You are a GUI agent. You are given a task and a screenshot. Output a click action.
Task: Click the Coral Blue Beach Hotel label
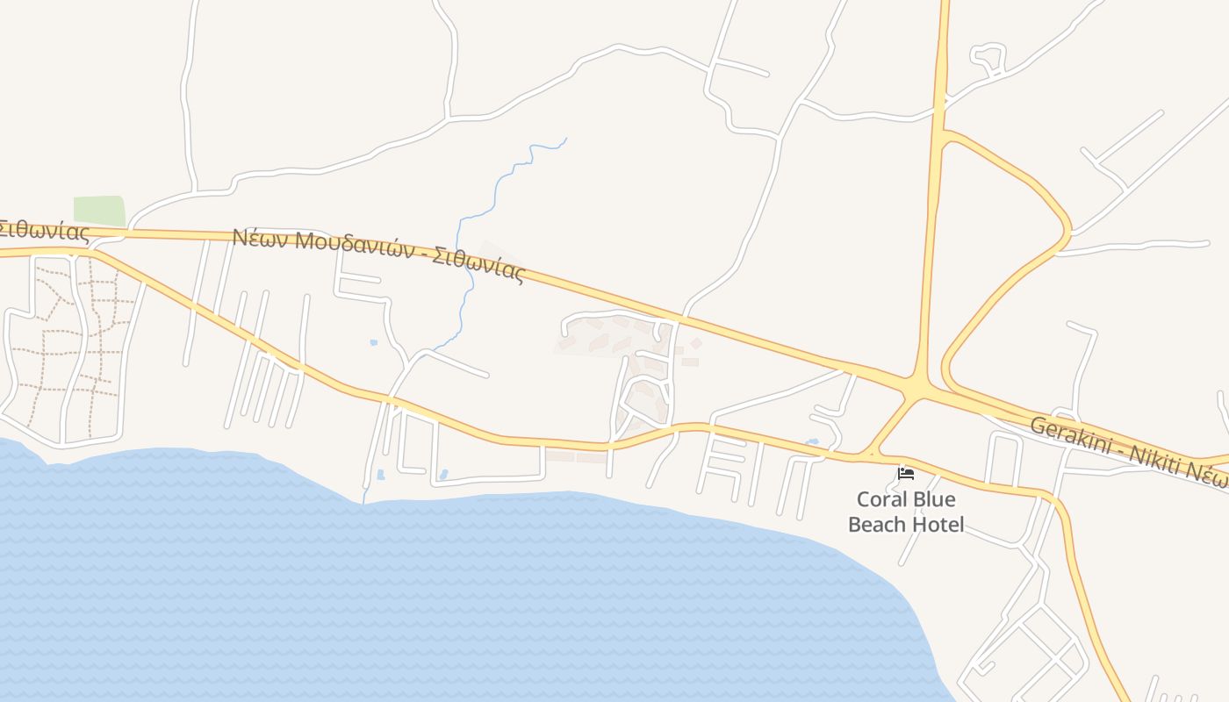(906, 512)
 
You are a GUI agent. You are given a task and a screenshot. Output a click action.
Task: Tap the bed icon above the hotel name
(906, 474)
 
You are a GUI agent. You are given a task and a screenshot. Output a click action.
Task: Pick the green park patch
(98, 211)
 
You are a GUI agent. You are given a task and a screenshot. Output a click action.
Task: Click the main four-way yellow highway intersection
(916, 387)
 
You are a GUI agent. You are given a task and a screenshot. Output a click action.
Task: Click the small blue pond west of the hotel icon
(812, 441)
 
